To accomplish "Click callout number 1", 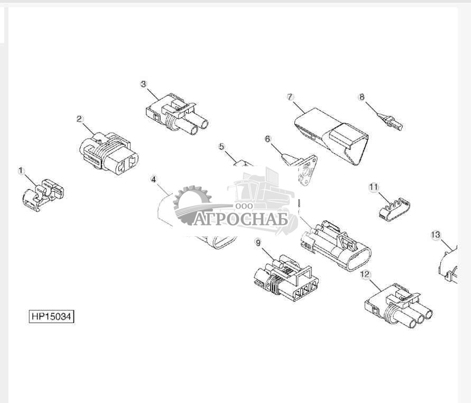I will click(x=21, y=171).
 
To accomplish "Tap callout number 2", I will click(x=79, y=119).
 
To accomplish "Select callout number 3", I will click(x=143, y=84).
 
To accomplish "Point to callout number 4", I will click(x=153, y=179).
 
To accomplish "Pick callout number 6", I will click(x=267, y=139).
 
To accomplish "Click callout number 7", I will click(x=290, y=96).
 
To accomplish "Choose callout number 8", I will click(x=362, y=97).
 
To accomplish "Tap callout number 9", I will click(x=258, y=243).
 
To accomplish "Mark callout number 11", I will click(x=374, y=187).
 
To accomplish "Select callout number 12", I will click(x=365, y=274).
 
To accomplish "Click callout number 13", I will click(x=436, y=234).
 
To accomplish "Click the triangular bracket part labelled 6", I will click(x=304, y=168).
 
